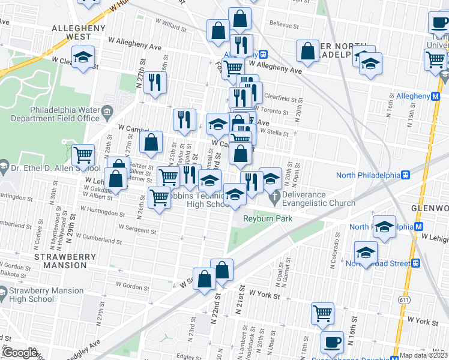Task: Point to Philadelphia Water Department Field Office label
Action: (65, 114)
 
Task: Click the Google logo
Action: (20, 353)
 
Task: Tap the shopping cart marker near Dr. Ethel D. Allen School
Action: (83, 155)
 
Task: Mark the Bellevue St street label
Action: (284, 26)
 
